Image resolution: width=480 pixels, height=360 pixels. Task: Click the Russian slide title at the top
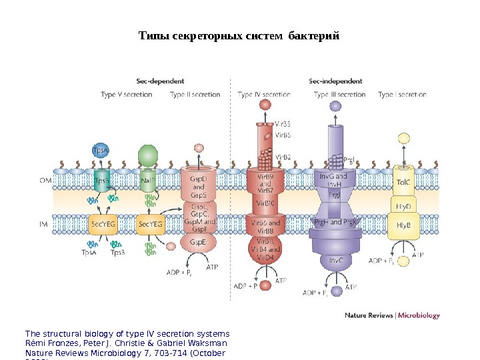click(x=239, y=35)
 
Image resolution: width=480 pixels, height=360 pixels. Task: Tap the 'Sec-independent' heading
click(x=335, y=81)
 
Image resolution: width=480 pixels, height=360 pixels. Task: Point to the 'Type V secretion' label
click(x=126, y=95)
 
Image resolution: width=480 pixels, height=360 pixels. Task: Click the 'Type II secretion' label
click(x=195, y=95)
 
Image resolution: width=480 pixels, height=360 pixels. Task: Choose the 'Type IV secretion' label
click(x=264, y=95)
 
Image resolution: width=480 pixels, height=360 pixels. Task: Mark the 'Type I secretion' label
click(x=402, y=95)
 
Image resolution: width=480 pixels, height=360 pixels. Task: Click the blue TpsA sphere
click(x=101, y=151)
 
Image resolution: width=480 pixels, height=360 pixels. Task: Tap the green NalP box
click(x=148, y=180)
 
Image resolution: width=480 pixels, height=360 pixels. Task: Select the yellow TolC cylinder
click(x=403, y=181)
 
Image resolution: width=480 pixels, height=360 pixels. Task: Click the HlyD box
click(x=403, y=205)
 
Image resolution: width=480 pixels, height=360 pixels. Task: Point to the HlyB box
click(x=403, y=225)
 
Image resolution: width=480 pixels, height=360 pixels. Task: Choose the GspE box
click(x=198, y=242)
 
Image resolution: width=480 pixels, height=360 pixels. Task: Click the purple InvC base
click(x=336, y=261)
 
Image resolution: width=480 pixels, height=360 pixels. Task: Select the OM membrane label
click(x=44, y=179)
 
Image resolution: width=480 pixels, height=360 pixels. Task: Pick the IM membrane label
click(x=43, y=225)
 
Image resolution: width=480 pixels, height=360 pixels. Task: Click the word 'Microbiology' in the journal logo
click(x=419, y=315)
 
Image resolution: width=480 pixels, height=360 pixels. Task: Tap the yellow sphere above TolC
click(x=403, y=139)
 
